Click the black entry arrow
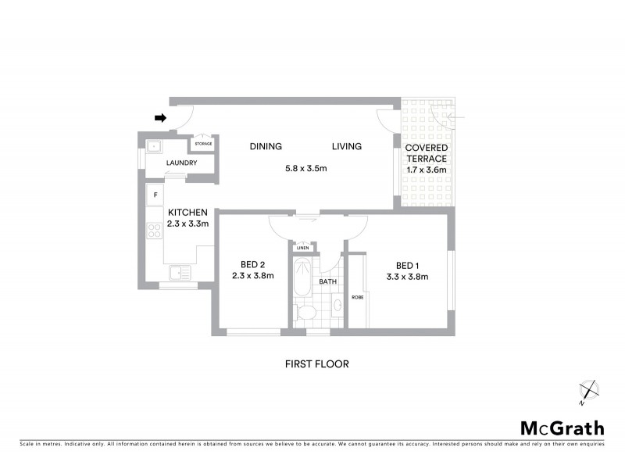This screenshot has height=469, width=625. pyautogui.click(x=161, y=118)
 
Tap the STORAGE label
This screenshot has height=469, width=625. pyautogui.click(x=203, y=144)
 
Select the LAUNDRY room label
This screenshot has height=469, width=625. pyautogui.click(x=181, y=163)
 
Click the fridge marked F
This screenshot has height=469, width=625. pyautogui.click(x=155, y=193)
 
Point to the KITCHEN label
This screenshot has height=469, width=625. pyautogui.click(x=187, y=212)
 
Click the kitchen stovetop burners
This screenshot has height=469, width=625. pyautogui.click(x=153, y=230)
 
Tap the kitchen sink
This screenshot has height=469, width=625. pyautogui.click(x=180, y=273)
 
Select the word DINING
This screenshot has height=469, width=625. pyautogui.click(x=266, y=146)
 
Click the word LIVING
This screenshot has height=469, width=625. pyautogui.click(x=347, y=146)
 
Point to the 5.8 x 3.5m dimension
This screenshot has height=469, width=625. pyautogui.click(x=305, y=169)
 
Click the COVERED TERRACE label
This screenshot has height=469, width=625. pyautogui.click(x=427, y=152)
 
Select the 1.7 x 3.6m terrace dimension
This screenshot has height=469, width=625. pyautogui.click(x=427, y=170)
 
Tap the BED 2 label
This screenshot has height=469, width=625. pyautogui.click(x=252, y=263)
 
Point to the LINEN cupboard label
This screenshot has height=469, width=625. pyautogui.click(x=303, y=248)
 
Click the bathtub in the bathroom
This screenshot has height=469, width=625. pyautogui.click(x=302, y=278)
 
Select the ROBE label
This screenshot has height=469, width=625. pyautogui.click(x=358, y=297)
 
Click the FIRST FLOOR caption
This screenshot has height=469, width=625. pyautogui.click(x=316, y=363)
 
